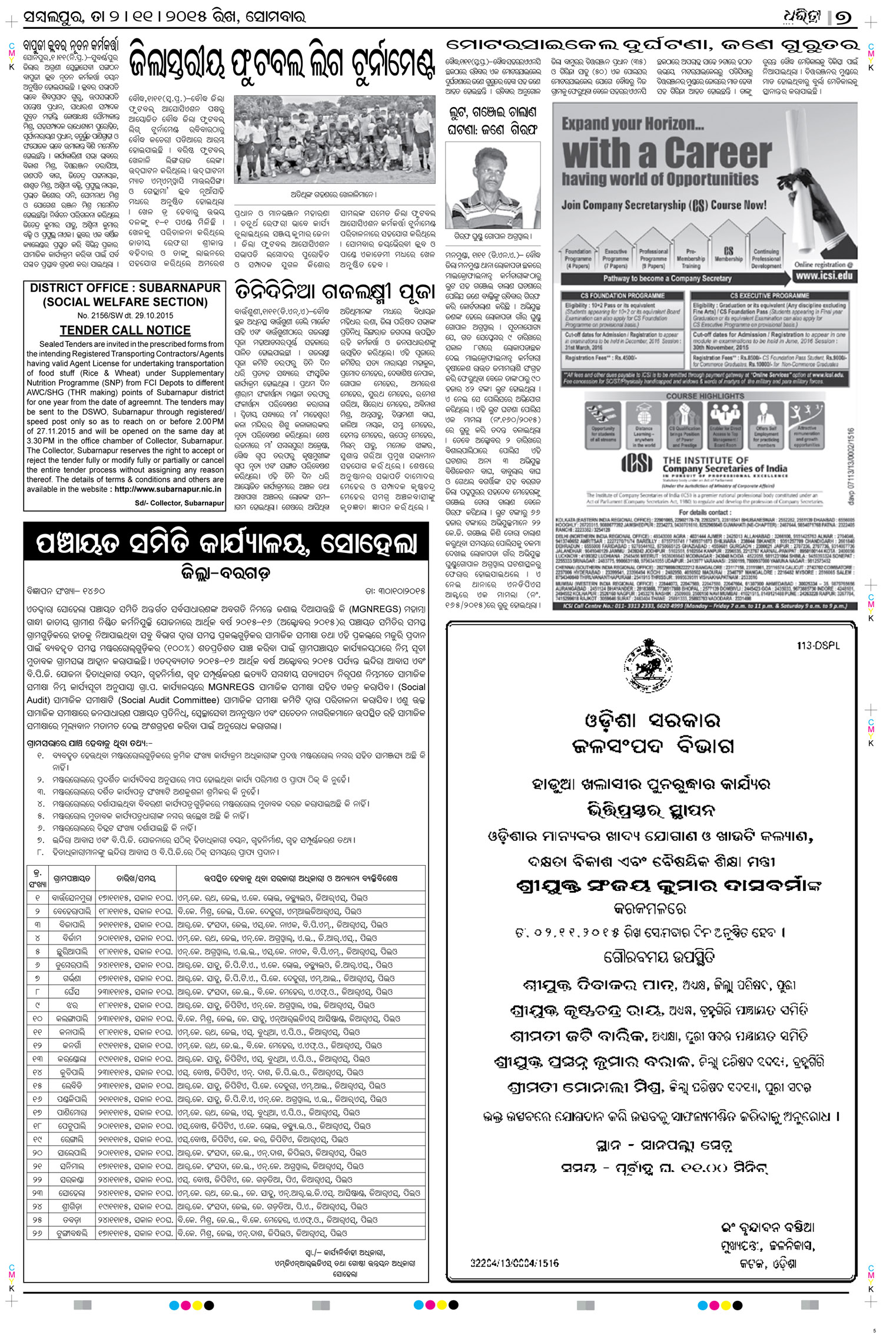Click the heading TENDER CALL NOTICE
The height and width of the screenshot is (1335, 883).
point(125,330)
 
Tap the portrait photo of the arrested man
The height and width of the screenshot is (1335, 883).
point(492,185)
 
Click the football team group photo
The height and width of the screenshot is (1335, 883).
point(334,140)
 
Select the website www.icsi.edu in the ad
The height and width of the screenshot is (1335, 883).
point(824,275)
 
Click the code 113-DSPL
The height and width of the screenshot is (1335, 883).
point(818,646)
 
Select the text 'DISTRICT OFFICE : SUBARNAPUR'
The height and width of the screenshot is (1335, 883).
point(125,288)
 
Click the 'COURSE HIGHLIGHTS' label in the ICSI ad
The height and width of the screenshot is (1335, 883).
point(705,396)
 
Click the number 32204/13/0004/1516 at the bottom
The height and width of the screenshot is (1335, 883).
point(514,1263)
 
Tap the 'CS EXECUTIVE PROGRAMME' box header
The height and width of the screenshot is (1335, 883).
point(770,296)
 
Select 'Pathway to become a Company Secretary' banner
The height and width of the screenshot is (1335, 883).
point(666,279)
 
